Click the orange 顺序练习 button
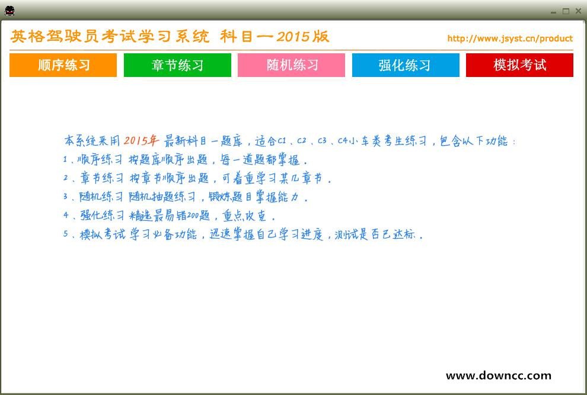63,65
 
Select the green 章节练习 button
177,65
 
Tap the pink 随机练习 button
291,65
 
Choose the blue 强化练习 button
406,65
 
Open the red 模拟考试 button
519,65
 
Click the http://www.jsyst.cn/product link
510,38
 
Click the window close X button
578,11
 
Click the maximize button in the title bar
566,11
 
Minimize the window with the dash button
553,11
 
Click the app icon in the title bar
9,10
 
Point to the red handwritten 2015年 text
141,141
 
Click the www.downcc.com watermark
498,375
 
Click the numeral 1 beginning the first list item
65,160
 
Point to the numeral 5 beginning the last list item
66,234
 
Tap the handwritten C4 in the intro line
342,141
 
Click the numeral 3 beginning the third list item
66,197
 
